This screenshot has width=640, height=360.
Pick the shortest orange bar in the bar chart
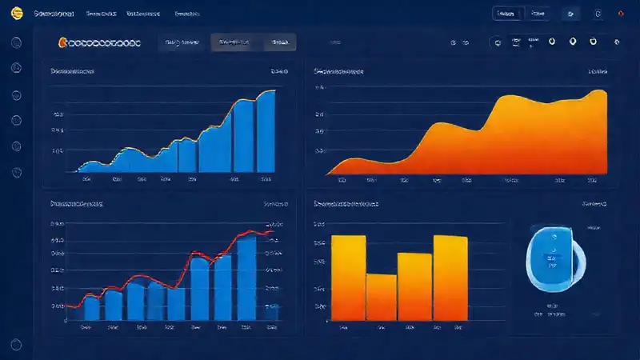[382, 297]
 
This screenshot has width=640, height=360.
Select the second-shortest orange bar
[414, 286]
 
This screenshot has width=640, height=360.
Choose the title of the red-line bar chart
[77, 205]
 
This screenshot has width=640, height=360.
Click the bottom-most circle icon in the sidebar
[16, 345]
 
